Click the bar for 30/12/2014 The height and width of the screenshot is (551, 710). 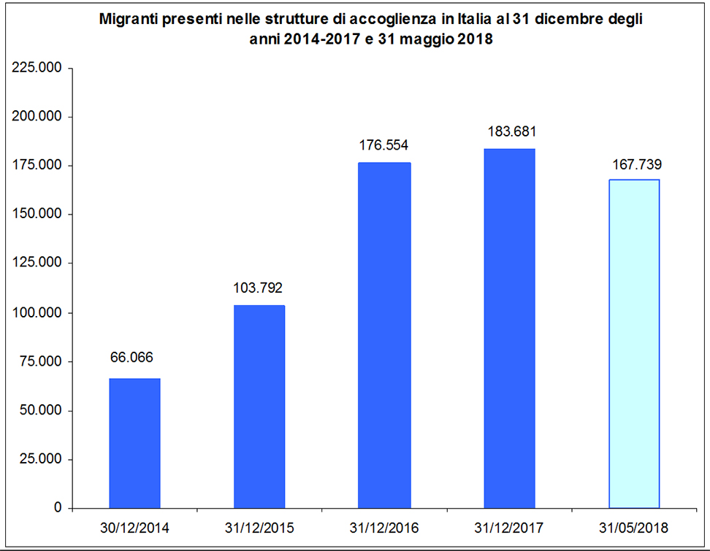pos(134,443)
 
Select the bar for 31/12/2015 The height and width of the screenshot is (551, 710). pos(259,406)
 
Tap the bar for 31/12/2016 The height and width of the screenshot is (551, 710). pos(384,335)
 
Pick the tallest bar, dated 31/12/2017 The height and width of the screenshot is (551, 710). pos(509,328)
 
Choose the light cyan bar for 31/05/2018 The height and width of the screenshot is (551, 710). pos(634,344)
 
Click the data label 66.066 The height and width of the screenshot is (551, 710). pos(131,358)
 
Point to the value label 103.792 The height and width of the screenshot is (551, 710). pos(258,288)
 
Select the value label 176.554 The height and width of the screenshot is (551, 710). pos(383,145)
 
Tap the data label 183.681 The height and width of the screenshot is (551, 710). pos(511,131)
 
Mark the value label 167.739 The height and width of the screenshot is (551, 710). pos(637,164)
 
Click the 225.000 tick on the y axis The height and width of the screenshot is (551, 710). pos(37,67)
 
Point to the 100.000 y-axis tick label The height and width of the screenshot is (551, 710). pos(37,312)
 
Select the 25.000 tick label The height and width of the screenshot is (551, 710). pos(40,459)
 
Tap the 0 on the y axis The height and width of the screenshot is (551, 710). pos(58,507)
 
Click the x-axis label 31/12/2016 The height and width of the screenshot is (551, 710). pos(384,528)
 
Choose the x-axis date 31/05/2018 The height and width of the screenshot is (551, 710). pos(633,528)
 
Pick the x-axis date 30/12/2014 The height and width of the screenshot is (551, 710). pos(134,528)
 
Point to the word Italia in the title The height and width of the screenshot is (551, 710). pos(471,20)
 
